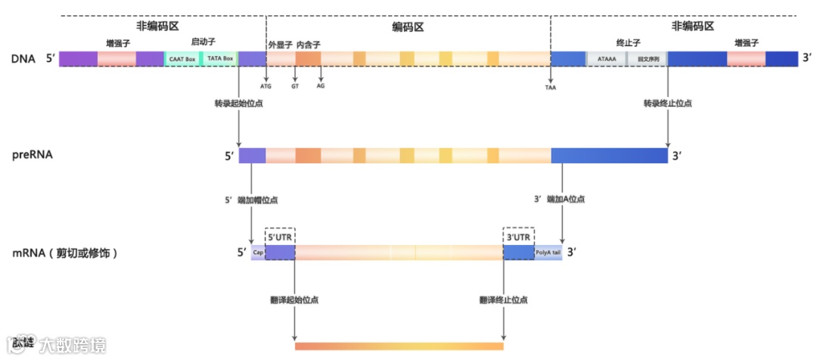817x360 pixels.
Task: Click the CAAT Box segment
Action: (x=182, y=59)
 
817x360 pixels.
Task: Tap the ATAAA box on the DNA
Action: (x=606, y=59)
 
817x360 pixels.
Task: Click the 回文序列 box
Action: (x=648, y=59)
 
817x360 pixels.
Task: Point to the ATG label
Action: (x=266, y=86)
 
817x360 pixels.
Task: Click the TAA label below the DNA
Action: (x=550, y=87)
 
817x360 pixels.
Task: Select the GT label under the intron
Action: (x=295, y=86)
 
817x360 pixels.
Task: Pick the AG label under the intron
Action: (x=321, y=86)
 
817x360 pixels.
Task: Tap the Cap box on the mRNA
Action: (x=258, y=253)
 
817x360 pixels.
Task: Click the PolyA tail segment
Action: (x=548, y=253)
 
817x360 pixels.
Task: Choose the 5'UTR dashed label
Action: (x=280, y=236)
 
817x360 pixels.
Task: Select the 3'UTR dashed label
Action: (x=518, y=236)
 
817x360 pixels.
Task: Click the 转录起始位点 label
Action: (x=238, y=103)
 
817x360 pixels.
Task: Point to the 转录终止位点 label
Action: (x=667, y=103)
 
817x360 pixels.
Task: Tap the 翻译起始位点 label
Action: (x=294, y=299)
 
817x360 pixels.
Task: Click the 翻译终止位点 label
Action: (x=503, y=299)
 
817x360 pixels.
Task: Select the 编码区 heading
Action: (x=408, y=26)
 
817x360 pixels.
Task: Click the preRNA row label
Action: (x=28, y=155)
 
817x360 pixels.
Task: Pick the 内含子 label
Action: (x=308, y=45)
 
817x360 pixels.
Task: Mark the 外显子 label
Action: (x=280, y=45)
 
